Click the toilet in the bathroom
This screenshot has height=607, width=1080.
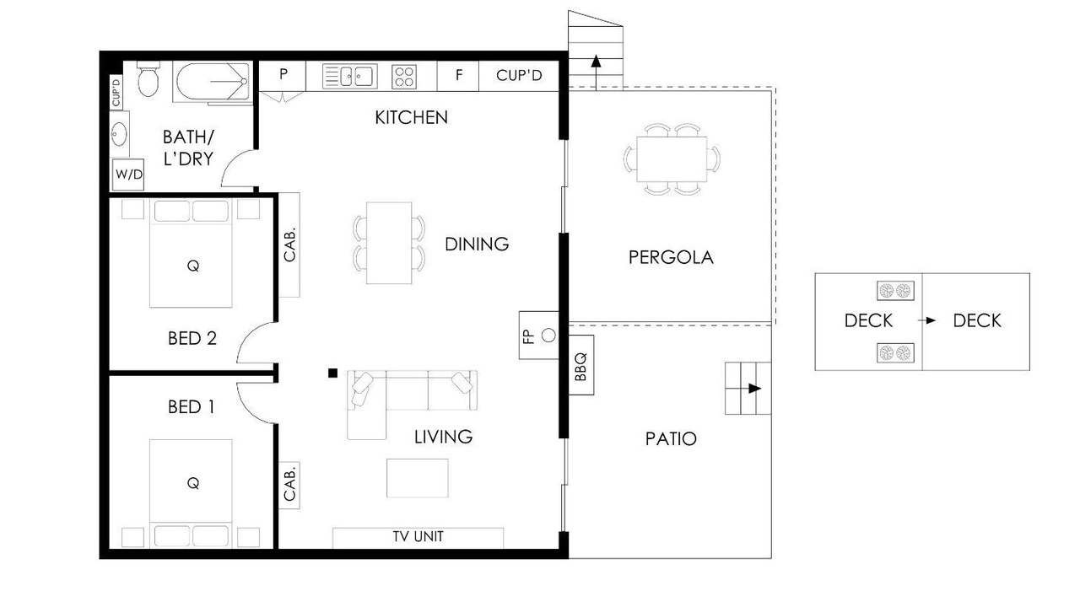click(x=148, y=78)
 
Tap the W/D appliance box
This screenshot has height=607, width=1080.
click(x=129, y=175)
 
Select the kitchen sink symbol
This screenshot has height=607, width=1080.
click(x=349, y=77)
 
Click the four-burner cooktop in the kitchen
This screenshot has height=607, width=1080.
click(x=404, y=77)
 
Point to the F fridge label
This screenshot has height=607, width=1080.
click(x=458, y=75)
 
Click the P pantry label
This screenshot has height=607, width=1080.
click(x=283, y=73)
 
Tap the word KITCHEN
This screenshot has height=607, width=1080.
click(x=411, y=117)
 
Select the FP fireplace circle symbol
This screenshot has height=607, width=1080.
click(x=548, y=336)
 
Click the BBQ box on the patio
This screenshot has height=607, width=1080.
click(x=581, y=365)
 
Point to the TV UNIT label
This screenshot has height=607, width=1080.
click(x=418, y=537)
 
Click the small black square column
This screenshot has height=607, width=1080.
click(x=332, y=373)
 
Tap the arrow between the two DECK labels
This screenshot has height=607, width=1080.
click(x=926, y=320)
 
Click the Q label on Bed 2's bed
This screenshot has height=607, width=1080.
click(x=193, y=266)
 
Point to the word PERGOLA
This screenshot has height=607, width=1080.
click(x=671, y=258)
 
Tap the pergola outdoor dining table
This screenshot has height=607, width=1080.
click(x=672, y=159)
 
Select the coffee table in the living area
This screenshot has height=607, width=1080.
click(x=417, y=478)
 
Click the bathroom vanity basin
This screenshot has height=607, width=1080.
click(x=119, y=134)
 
